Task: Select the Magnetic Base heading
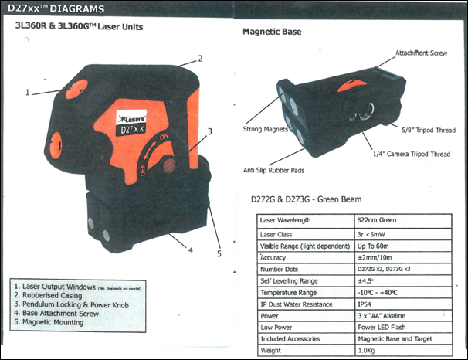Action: (x=272, y=32)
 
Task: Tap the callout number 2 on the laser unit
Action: (x=199, y=58)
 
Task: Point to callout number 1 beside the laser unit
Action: (x=28, y=92)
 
